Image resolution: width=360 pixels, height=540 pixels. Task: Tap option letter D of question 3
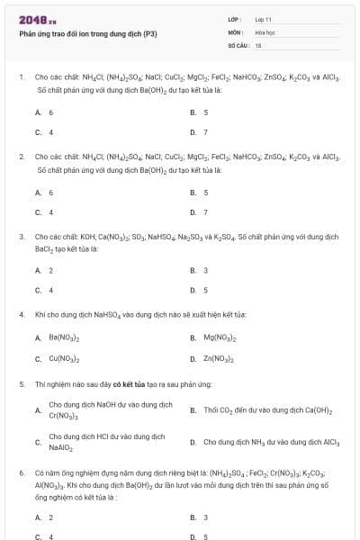pyautogui.click(x=193, y=290)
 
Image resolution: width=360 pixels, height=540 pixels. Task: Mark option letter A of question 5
pyautogui.click(x=38, y=410)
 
